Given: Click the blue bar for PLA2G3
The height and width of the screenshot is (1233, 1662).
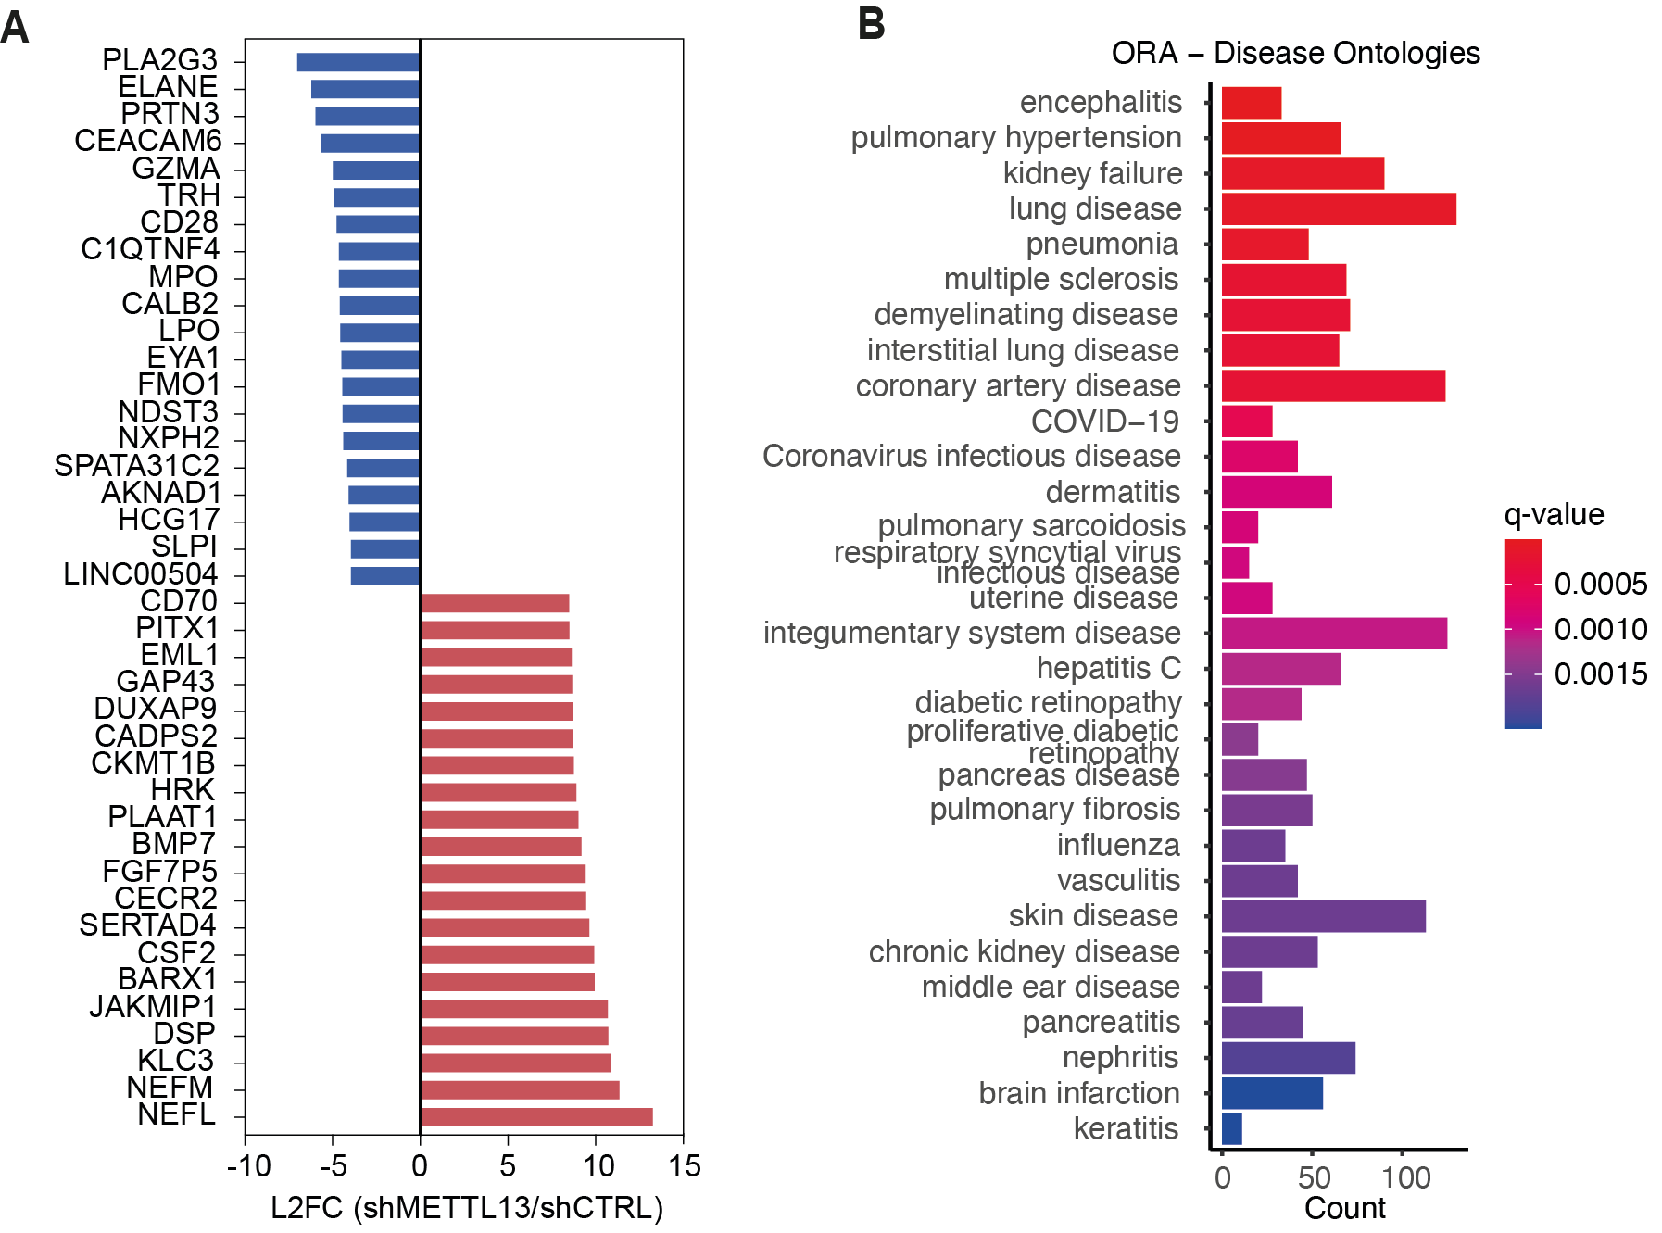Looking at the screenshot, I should click(359, 62).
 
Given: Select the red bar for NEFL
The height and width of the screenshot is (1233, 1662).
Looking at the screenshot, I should click(536, 1117).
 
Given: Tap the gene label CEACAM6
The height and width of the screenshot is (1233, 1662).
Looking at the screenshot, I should click(148, 141).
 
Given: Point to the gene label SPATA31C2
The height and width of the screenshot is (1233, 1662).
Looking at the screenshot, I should click(137, 465).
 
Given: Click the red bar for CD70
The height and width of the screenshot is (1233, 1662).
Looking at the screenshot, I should click(495, 603).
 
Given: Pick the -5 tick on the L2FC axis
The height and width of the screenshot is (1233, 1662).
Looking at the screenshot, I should click(333, 1165).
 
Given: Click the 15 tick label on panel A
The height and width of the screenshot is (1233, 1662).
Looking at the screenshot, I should click(685, 1165).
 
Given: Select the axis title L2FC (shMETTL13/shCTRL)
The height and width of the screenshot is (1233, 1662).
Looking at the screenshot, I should click(467, 1208).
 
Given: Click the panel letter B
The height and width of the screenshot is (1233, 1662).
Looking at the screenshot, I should click(871, 24).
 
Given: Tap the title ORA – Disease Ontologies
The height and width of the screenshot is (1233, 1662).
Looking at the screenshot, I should click(1295, 54).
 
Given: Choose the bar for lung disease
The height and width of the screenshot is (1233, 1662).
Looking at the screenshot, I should click(1339, 209).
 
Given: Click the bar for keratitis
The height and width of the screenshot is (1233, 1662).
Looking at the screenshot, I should click(1232, 1128).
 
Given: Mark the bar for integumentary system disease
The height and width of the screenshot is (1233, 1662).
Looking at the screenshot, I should click(1334, 634).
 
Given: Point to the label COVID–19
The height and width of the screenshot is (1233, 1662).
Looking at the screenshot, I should click(1105, 421).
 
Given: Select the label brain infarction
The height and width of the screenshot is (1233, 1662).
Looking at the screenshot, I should click(1079, 1093).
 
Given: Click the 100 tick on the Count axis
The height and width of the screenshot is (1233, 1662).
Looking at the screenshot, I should click(1405, 1177).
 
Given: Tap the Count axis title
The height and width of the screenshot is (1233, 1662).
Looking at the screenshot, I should click(1345, 1208).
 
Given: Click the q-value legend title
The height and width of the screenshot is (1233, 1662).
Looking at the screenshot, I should click(1554, 515).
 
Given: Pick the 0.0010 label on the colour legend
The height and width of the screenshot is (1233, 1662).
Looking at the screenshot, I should click(1601, 630).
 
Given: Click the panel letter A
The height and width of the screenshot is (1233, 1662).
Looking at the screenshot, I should click(15, 28).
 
